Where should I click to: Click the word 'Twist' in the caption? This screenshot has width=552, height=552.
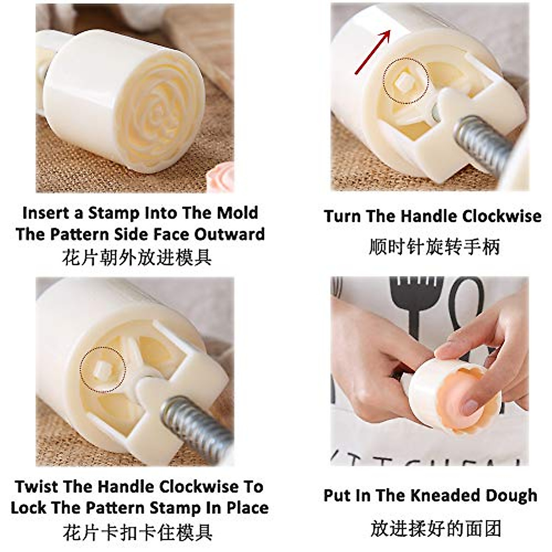(x=36, y=487)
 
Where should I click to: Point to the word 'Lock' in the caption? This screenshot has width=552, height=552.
(x=29, y=508)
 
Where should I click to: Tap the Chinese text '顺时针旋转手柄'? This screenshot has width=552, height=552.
(x=434, y=247)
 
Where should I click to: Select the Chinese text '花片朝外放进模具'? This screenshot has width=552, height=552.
(x=137, y=257)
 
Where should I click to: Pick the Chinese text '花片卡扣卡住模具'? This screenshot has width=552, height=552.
(x=138, y=533)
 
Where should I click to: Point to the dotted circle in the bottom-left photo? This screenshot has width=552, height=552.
(x=103, y=369)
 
